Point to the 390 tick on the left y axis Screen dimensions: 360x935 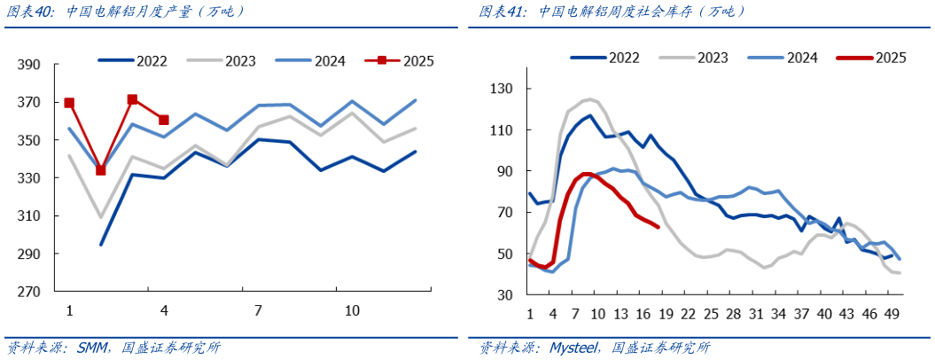(x=29, y=66)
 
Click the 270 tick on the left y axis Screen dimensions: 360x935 (x=29, y=292)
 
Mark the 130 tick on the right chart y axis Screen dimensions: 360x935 (x=503, y=89)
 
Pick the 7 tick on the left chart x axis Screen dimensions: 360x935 (x=258, y=311)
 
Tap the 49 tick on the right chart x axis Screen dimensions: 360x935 (x=892, y=314)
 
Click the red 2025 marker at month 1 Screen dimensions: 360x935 (x=69, y=103)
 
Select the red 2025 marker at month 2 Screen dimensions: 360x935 (x=100, y=170)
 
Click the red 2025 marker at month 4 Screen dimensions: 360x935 (x=163, y=120)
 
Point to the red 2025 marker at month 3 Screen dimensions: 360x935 (x=132, y=99)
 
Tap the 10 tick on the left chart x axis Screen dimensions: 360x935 (x=352, y=311)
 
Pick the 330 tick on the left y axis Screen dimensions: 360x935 (x=29, y=178)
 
